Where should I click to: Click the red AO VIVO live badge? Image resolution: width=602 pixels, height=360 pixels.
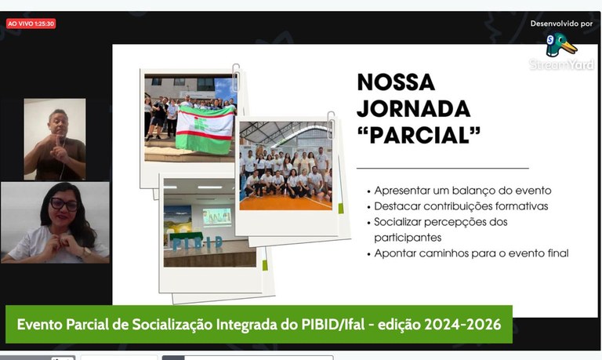(31, 24)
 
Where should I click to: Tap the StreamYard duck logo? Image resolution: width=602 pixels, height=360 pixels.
(561, 45)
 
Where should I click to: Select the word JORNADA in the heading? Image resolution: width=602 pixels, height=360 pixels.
(413, 109)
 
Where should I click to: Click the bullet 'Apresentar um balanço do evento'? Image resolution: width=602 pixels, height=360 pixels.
(462, 191)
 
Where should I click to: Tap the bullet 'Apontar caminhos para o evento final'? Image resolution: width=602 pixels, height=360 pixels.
(471, 253)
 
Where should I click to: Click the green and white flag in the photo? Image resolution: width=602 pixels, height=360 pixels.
(205, 128)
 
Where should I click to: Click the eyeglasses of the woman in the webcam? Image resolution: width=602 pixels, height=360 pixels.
(63, 205)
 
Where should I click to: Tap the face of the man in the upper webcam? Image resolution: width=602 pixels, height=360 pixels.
(58, 124)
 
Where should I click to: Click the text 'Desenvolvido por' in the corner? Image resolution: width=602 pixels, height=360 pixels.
(561, 24)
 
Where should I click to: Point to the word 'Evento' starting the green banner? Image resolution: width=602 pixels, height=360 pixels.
(38, 324)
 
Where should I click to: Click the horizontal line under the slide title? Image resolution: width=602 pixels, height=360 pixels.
(442, 168)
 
